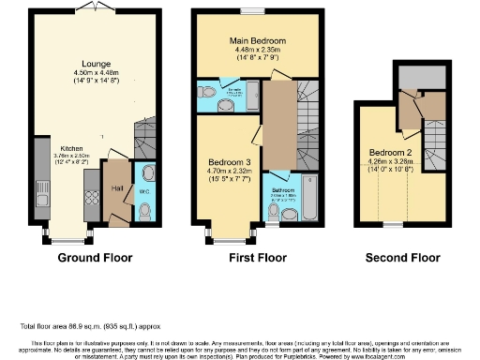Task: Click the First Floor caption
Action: point(257,257)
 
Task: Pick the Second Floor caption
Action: point(399,257)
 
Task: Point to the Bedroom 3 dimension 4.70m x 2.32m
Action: point(228,172)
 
